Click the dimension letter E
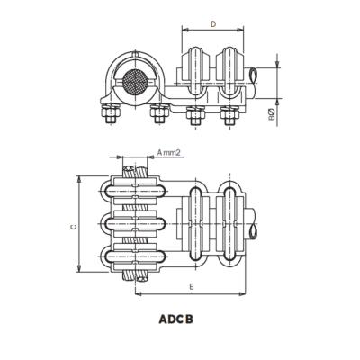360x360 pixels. click(x=193, y=286)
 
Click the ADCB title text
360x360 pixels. click(x=175, y=318)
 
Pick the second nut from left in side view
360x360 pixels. click(x=160, y=114)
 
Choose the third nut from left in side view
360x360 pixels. click(x=192, y=115)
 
